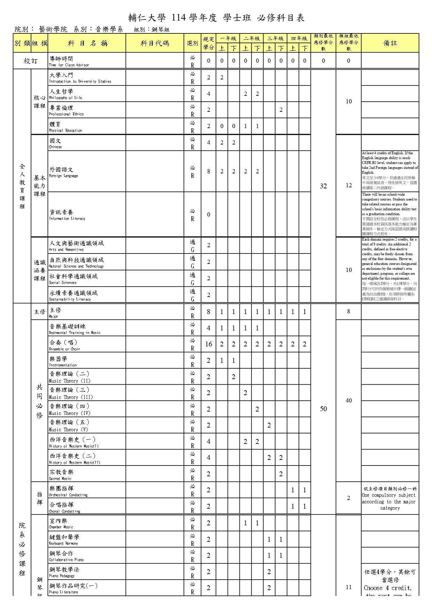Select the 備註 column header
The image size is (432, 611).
[x=390, y=43]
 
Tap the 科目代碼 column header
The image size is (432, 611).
[x=155, y=43]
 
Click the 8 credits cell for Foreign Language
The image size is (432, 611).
[x=209, y=171]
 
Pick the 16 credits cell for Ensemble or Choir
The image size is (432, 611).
[x=209, y=344]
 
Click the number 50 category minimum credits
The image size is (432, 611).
[x=323, y=409]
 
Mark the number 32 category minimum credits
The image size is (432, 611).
[x=323, y=186]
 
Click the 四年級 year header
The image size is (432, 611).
[x=299, y=38]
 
